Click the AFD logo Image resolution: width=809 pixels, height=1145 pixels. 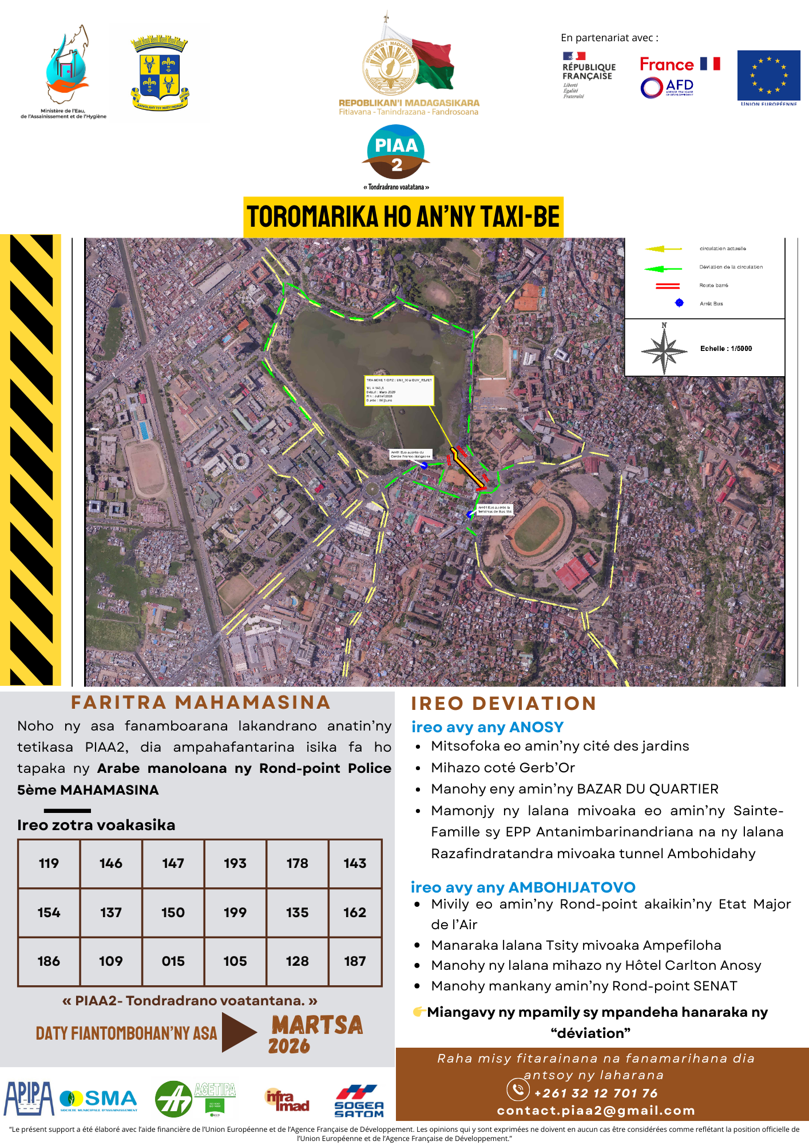[x=667, y=88]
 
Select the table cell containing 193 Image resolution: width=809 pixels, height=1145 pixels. [x=235, y=863]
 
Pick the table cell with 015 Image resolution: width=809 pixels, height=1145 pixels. [x=173, y=961]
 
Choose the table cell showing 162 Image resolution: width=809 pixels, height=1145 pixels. [x=355, y=913]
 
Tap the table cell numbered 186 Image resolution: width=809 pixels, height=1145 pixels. [x=49, y=961]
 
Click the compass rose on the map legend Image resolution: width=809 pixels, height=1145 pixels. [x=664, y=349]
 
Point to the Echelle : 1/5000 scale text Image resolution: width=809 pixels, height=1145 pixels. [x=726, y=349]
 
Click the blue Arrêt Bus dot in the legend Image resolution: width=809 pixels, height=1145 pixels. [x=679, y=303]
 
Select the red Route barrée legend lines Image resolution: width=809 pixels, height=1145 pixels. [x=667, y=286]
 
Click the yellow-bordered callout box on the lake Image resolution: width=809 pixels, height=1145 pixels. [x=399, y=390]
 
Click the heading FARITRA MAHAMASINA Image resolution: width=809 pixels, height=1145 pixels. [x=201, y=702]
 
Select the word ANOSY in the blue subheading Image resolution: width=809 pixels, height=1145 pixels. [x=536, y=727]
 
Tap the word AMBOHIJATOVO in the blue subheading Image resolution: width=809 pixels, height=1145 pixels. [x=572, y=887]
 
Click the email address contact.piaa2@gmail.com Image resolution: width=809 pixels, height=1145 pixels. [x=596, y=1111]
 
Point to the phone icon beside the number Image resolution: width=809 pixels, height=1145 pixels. [x=518, y=1089]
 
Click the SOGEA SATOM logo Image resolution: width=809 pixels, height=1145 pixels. [x=359, y=1101]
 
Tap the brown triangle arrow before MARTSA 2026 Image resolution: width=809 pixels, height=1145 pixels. [x=238, y=1032]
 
